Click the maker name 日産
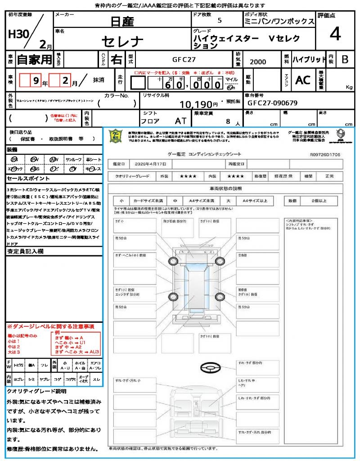pyautogui.click(x=122, y=21)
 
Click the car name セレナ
pyautogui.click(x=122, y=42)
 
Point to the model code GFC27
pyautogui.click(x=184, y=59)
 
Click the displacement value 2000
pyautogui.click(x=258, y=62)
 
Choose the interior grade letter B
pyautogui.click(x=344, y=59)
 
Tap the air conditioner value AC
pyautogui.click(x=303, y=80)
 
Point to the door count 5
pyautogui.click(x=219, y=20)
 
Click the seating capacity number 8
pyautogui.click(x=228, y=122)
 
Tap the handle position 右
pyautogui.click(x=116, y=59)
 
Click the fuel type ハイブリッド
pyautogui.click(x=309, y=59)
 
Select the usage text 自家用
pyautogui.click(x=34, y=59)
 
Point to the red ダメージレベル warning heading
pyautogui.click(x=50, y=326)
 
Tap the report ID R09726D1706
pyautogui.click(x=325, y=154)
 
